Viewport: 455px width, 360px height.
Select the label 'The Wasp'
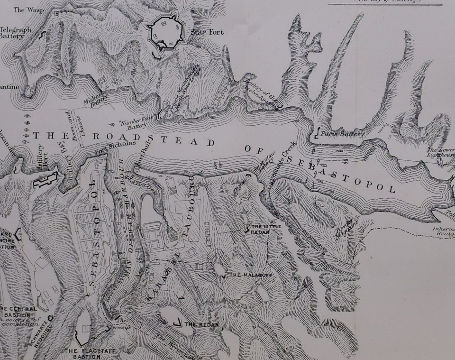[26, 9]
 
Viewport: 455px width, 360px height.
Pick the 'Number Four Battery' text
[134, 124]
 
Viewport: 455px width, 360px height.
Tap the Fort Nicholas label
[116, 147]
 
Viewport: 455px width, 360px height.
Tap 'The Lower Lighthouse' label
[441, 152]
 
